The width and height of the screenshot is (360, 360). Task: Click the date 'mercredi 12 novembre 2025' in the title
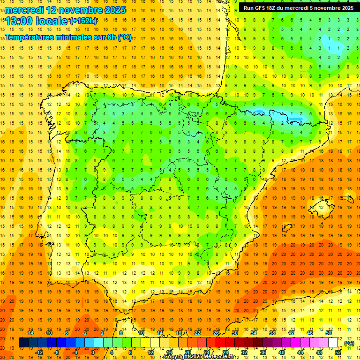point(66,9)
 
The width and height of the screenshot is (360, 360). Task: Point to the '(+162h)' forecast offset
point(83,21)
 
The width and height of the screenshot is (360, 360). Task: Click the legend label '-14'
point(30,333)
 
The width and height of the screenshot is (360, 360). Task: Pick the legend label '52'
point(338,352)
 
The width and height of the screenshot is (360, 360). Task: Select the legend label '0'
point(93,352)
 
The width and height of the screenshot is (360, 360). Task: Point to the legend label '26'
point(216,333)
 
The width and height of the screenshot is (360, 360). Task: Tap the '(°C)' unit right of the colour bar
point(349,343)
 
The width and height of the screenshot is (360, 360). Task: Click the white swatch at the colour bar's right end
point(333,343)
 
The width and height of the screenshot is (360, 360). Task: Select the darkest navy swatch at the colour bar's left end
point(23,343)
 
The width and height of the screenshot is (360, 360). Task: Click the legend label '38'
point(272,333)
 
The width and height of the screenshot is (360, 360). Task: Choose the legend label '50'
point(329,333)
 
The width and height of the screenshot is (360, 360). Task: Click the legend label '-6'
point(66,333)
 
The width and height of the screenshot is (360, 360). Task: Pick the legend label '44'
point(300,352)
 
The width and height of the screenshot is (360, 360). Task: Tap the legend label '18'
point(179,333)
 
